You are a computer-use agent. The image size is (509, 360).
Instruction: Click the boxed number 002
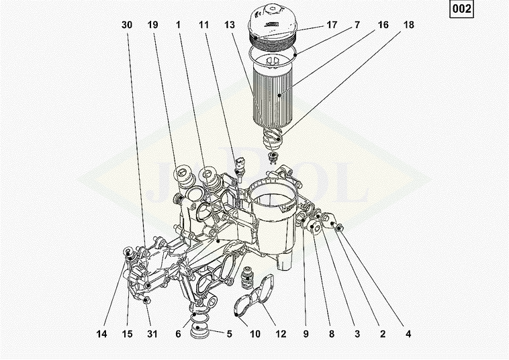(x=461, y=9)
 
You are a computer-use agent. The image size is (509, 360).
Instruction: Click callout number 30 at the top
(x=127, y=25)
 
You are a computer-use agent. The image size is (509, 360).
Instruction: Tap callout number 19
(x=152, y=25)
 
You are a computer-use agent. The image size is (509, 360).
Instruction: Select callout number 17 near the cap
(x=332, y=25)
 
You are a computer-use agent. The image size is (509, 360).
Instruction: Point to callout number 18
(x=409, y=25)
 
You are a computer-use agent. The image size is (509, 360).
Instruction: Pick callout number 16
(x=383, y=25)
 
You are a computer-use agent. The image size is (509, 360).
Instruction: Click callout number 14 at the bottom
(x=101, y=334)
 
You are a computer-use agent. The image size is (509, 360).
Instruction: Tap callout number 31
(x=152, y=334)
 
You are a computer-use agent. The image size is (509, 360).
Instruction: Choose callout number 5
(x=230, y=334)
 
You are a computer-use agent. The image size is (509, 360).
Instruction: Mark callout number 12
(x=281, y=334)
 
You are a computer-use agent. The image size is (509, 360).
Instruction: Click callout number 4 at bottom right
(x=408, y=334)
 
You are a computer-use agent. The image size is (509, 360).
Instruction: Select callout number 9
(x=306, y=334)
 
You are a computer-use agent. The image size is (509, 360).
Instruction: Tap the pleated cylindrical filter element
(x=273, y=94)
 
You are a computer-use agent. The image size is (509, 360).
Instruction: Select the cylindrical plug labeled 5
(x=199, y=330)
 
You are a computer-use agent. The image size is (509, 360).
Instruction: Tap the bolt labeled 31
(x=146, y=300)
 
